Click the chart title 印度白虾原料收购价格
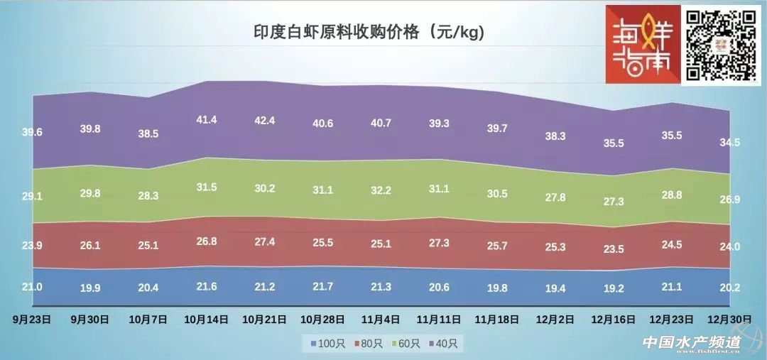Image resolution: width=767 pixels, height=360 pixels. (369, 33)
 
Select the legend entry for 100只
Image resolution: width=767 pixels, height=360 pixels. (328, 344)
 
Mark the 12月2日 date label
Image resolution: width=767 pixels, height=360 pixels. (555, 320)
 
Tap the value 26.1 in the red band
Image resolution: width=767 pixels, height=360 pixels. (90, 246)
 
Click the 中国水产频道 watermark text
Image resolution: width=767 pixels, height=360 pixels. (691, 342)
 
